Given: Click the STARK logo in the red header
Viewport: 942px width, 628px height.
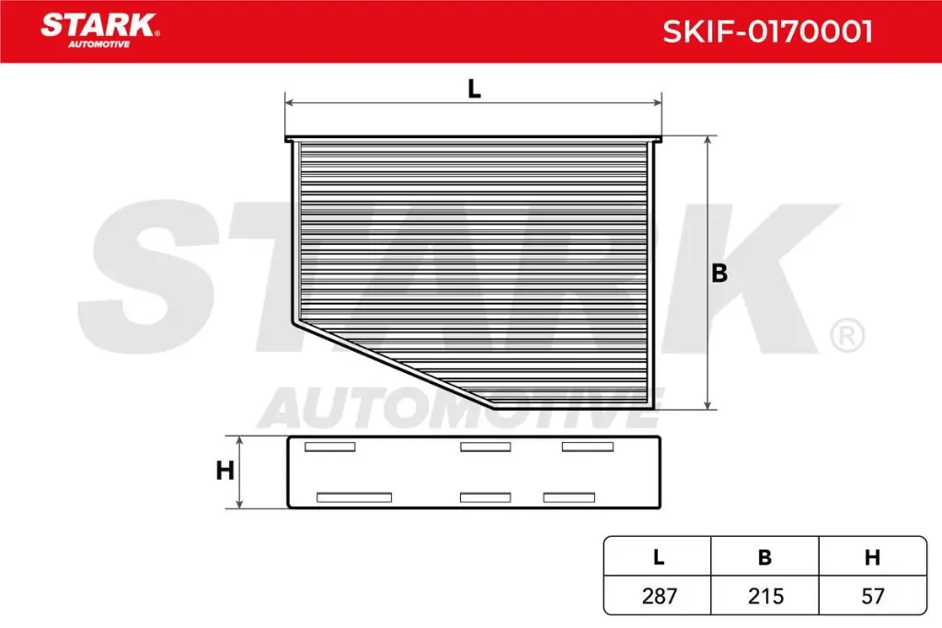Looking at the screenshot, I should pyautogui.click(x=98, y=25).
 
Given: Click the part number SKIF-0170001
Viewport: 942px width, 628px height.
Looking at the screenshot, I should pyautogui.click(x=767, y=32).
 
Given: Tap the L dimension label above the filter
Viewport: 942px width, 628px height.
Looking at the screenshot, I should pyautogui.click(x=474, y=89).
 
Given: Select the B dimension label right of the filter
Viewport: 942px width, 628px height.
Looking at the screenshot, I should pyautogui.click(x=719, y=273).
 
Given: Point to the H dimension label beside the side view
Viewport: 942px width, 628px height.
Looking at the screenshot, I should pyautogui.click(x=224, y=471).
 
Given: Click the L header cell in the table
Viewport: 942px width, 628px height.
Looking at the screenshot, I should pyautogui.click(x=658, y=556).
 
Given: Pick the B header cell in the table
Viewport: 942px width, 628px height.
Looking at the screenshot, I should pyautogui.click(x=764, y=556).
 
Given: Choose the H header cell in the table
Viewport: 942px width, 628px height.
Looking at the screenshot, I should pyautogui.click(x=872, y=556).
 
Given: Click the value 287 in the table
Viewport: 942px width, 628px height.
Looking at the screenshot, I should pyautogui.click(x=658, y=596).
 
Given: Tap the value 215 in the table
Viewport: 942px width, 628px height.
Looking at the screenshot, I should pyautogui.click(x=764, y=596).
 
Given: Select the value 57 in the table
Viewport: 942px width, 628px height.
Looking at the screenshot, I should pyautogui.click(x=872, y=596).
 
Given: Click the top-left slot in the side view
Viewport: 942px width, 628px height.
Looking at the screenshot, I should pyautogui.click(x=329, y=448).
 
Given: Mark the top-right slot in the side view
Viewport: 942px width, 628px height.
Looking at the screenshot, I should pyautogui.click(x=588, y=448).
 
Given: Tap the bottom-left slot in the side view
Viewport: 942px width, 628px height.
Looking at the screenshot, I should pyautogui.click(x=354, y=497).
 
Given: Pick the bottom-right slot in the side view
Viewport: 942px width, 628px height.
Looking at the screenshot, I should pyautogui.click(x=570, y=497).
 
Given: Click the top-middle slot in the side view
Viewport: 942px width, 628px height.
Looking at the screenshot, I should pyautogui.click(x=485, y=448).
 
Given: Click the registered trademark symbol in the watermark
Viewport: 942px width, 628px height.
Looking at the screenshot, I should pyautogui.click(x=846, y=335).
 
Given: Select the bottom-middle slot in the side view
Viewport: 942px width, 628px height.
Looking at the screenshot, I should pyautogui.click(x=485, y=497).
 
